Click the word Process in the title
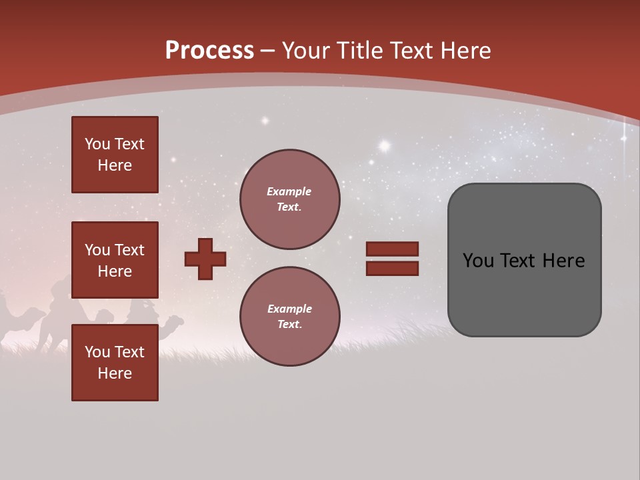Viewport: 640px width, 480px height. [209, 50]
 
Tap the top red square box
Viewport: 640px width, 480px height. [115, 155]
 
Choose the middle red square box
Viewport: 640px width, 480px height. [115, 260]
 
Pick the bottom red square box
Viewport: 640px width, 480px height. [115, 363]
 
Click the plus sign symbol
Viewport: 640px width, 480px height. [205, 259]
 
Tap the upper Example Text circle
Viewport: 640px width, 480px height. [290, 199]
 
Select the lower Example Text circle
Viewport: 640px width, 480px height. [290, 317]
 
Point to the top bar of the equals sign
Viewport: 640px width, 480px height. [392, 249]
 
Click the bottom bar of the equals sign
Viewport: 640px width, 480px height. [392, 268]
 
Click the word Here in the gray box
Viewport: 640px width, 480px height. [563, 261]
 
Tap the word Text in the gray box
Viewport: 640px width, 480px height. [519, 261]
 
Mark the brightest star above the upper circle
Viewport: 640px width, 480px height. [384, 145]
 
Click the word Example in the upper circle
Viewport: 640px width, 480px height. [289, 191]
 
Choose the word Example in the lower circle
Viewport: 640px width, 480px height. [289, 309]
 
